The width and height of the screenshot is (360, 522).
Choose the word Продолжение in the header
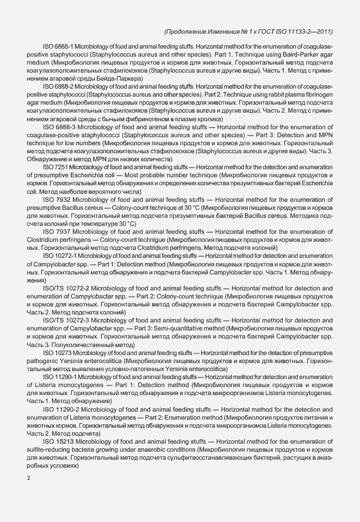pyautogui.click(x=187, y=31)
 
